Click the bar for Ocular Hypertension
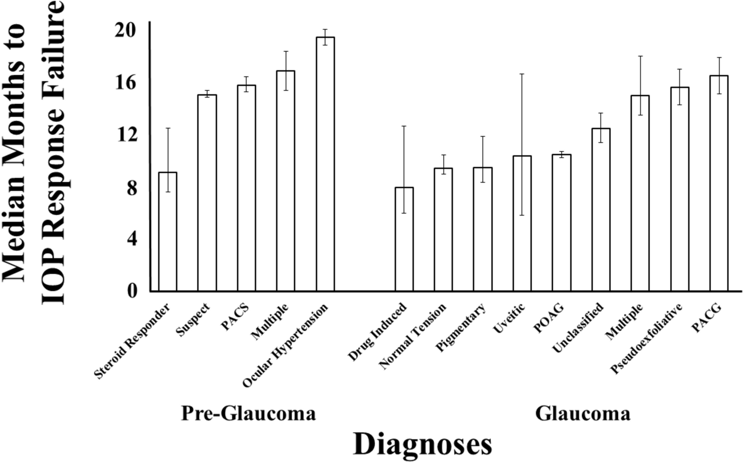(x=325, y=164)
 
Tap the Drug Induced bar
(x=404, y=239)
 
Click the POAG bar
(x=561, y=223)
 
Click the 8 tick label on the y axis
(x=132, y=187)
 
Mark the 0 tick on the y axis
(x=132, y=291)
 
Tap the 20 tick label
(x=126, y=30)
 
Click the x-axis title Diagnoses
(x=422, y=445)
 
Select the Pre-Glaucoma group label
(x=248, y=413)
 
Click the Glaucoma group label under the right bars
(x=583, y=413)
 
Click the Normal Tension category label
(x=413, y=337)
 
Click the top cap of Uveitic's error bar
(x=522, y=74)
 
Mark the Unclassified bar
(x=600, y=210)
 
